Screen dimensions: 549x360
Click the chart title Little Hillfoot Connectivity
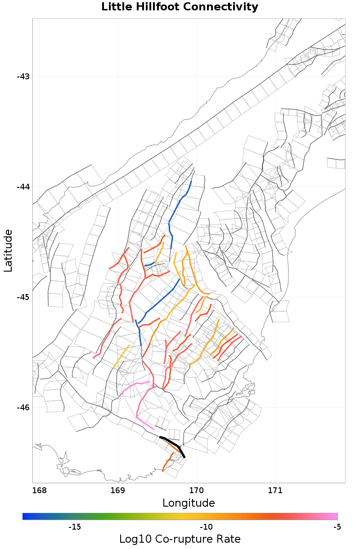(x=180, y=7)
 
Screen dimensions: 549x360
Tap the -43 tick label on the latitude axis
(x=23, y=76)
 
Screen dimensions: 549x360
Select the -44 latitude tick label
(x=23, y=186)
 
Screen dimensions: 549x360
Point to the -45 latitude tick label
(x=23, y=297)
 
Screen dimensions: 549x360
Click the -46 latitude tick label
(x=23, y=407)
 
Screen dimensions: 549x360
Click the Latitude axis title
(x=8, y=250)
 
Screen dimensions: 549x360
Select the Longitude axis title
(x=189, y=503)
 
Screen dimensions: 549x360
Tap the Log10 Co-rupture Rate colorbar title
(x=180, y=539)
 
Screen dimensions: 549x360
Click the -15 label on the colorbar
(x=74, y=526)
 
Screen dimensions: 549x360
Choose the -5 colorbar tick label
(x=337, y=526)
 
